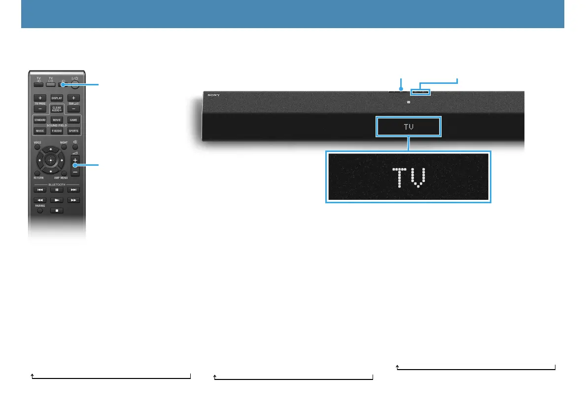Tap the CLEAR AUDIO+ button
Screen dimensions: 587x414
pyautogui.click(x=57, y=109)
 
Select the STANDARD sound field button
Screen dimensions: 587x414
pyautogui.click(x=40, y=120)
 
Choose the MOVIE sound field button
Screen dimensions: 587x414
pyautogui.click(x=57, y=120)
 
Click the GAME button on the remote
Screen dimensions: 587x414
pyautogui.click(x=73, y=120)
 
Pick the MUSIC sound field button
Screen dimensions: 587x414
pyautogui.click(x=40, y=131)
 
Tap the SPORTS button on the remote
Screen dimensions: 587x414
pyautogui.click(x=73, y=131)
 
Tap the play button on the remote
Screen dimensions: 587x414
pyautogui.click(x=57, y=200)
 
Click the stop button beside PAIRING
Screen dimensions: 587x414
pyautogui.click(x=57, y=210)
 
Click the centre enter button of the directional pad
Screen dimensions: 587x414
pyautogui.click(x=50, y=160)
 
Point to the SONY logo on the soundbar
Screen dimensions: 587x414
pyautogui.click(x=213, y=95)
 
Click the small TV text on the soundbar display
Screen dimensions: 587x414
pyautogui.click(x=408, y=127)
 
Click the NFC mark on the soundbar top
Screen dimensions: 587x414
pyautogui.click(x=409, y=102)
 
